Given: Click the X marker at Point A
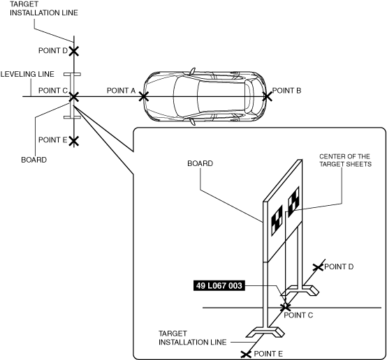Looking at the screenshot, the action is (144, 96).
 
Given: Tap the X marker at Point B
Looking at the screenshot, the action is (267, 96).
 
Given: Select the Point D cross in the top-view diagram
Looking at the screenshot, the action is (74, 52).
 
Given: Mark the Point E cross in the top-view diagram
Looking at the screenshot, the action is (74, 141).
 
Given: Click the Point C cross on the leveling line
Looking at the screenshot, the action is (74, 97).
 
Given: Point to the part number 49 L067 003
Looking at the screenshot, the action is (219, 285).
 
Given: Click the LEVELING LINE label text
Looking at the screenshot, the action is (27, 74).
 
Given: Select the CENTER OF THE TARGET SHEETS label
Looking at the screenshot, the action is (345, 160).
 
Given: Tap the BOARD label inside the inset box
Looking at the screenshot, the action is (200, 163).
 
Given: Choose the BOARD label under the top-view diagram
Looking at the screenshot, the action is (34, 160).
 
